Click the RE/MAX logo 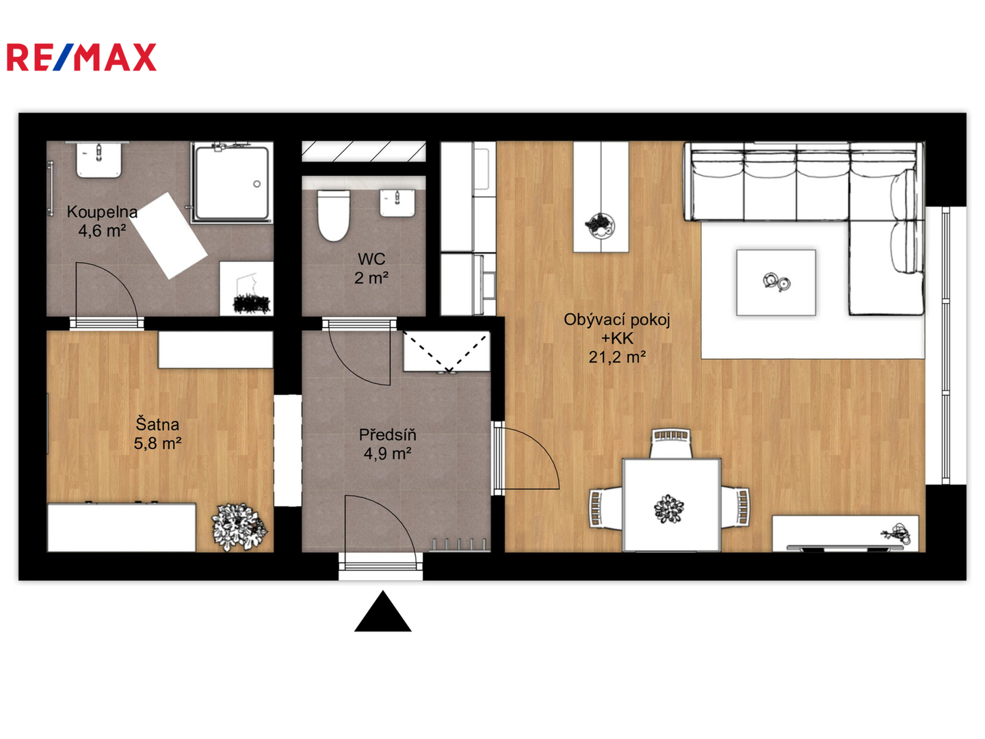tap(81, 57)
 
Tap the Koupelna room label tap(103, 211)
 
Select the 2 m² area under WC tap(371, 278)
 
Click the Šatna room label tap(157, 424)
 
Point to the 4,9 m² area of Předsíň tap(387, 454)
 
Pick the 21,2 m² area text tap(617, 357)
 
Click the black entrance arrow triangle tap(383, 612)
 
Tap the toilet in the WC tap(333, 216)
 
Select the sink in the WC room tap(397, 203)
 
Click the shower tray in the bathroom tap(232, 183)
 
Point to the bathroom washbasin tap(99, 160)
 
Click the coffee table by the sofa tap(776, 283)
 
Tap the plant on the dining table tap(668, 509)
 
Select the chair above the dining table tap(670, 443)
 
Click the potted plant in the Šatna tap(239, 527)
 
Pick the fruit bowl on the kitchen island tap(599, 225)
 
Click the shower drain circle tap(257, 183)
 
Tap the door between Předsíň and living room tap(526, 458)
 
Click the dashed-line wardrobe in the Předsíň tap(447, 351)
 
